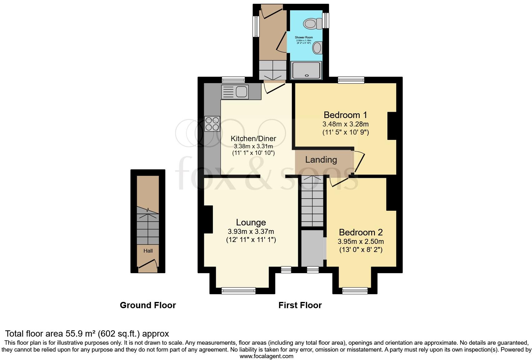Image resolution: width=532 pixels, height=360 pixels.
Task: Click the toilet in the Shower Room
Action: pyautogui.click(x=313, y=23)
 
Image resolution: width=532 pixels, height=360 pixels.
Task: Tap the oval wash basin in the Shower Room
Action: pyautogui.click(x=318, y=48)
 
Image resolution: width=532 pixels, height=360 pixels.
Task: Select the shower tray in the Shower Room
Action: pyautogui.click(x=306, y=70)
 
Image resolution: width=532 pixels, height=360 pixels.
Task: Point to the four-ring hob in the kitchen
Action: pyautogui.click(x=212, y=123)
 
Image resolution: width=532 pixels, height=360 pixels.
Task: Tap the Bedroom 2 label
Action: pyautogui.click(x=361, y=232)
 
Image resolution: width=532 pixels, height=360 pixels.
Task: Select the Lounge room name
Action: pyautogui.click(x=251, y=222)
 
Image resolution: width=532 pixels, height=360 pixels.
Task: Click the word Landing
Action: pyautogui.click(x=321, y=160)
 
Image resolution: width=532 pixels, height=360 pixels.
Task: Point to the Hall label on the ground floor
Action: pyautogui.click(x=148, y=251)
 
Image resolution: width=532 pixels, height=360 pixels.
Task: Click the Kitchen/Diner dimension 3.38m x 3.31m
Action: pyautogui.click(x=253, y=146)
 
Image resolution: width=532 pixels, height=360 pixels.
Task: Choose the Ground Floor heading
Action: pyautogui.click(x=148, y=305)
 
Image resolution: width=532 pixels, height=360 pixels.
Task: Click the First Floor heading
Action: pyautogui.click(x=300, y=305)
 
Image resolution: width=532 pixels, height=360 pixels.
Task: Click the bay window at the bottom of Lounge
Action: pyautogui.click(x=239, y=291)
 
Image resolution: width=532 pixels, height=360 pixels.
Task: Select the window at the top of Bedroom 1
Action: pyautogui.click(x=351, y=80)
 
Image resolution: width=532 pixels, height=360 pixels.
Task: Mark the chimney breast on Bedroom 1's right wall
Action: pyautogui.click(x=392, y=126)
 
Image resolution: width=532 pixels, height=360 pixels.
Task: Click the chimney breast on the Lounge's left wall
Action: pyautogui.click(x=208, y=219)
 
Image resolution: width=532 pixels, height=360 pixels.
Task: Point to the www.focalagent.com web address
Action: pyautogui.click(x=266, y=356)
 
